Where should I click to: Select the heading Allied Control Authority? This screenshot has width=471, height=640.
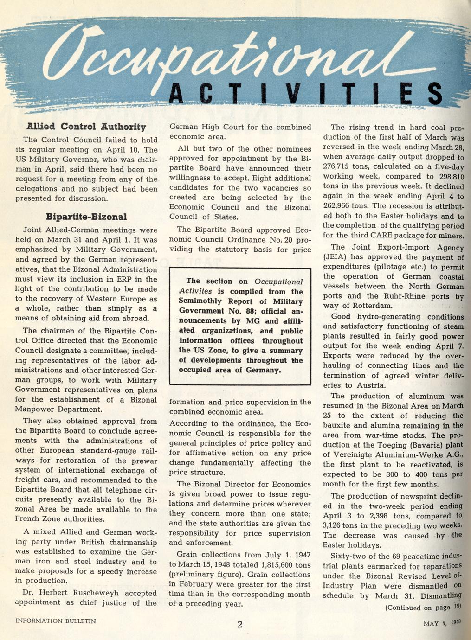86,127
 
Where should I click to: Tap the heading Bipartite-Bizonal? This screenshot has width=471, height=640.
86,217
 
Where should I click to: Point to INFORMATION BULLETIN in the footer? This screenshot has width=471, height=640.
56,621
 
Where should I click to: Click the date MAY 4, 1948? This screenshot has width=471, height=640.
441,623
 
